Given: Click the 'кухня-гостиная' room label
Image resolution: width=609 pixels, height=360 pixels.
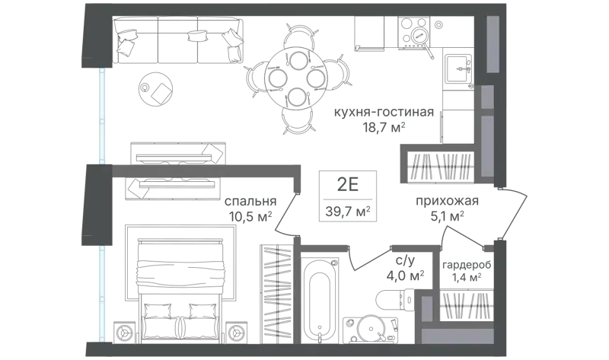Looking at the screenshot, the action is coord(384,112).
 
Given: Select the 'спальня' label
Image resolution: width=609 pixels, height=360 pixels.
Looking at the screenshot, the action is coord(250,201).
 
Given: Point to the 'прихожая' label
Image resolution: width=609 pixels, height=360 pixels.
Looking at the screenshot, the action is coord(447,201).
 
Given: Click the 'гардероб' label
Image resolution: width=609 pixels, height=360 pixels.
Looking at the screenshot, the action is coord(467,265).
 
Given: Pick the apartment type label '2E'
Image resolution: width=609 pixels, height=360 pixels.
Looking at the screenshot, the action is coord(348,185).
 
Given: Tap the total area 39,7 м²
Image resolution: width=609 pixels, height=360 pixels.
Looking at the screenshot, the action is coord(348,212).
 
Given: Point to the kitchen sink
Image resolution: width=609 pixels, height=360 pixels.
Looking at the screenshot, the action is coord(458,68).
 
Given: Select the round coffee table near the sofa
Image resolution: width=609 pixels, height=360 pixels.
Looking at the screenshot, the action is coord(156,88).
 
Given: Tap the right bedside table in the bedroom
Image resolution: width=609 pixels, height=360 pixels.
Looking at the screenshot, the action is coord(235,333).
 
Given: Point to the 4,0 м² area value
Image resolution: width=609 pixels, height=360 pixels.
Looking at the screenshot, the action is coord(405,276).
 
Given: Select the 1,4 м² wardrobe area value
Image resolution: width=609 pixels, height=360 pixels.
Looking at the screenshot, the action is coord(467,277).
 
